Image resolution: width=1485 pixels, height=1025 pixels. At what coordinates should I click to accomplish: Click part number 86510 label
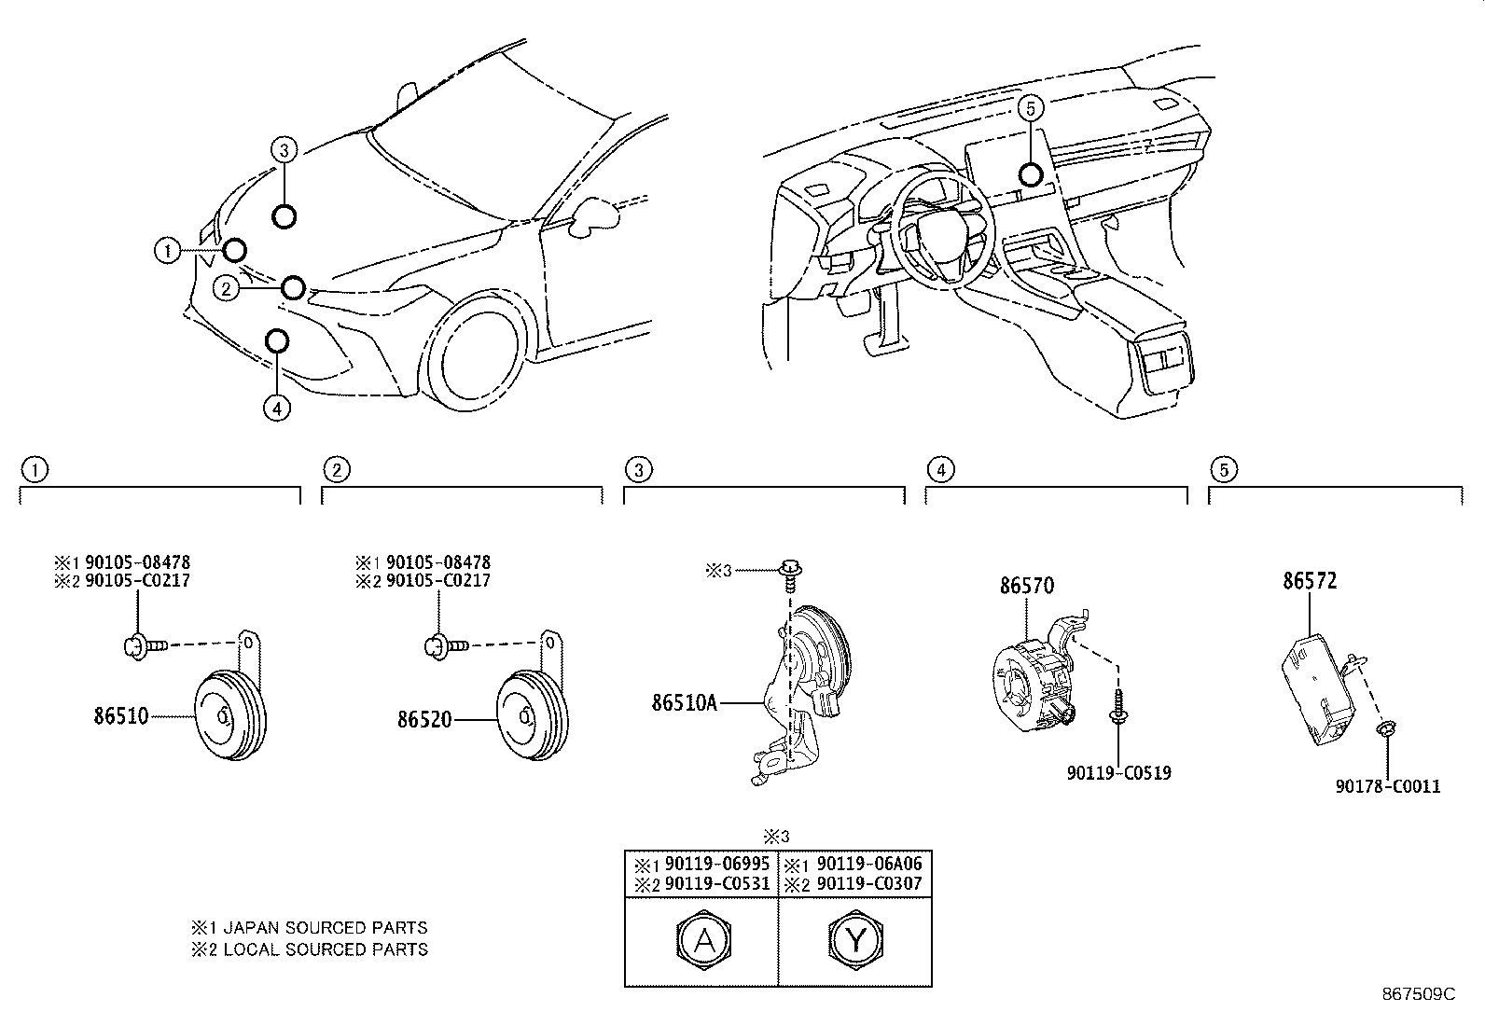click(x=120, y=717)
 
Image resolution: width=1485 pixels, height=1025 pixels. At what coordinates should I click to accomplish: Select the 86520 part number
click(x=424, y=720)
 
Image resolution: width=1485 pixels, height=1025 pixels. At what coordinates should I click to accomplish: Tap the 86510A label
click(x=684, y=702)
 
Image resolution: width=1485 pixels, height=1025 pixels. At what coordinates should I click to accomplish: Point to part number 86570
click(x=1027, y=586)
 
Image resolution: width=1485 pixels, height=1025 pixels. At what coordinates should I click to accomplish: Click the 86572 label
click(x=1310, y=581)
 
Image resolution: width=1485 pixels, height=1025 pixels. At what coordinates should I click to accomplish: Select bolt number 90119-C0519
click(x=1118, y=773)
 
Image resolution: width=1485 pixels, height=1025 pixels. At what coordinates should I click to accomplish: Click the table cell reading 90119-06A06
click(x=868, y=864)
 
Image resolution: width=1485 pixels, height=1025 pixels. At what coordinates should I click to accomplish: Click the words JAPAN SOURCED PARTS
click(x=325, y=928)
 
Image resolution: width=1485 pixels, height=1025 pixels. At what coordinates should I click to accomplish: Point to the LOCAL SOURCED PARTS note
click(x=325, y=949)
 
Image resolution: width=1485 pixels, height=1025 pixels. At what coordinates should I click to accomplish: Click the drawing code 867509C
click(x=1418, y=994)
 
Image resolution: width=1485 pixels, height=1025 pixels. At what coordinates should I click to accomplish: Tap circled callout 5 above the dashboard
click(x=1030, y=109)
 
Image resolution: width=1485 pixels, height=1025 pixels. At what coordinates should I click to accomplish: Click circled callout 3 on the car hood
click(x=285, y=148)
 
